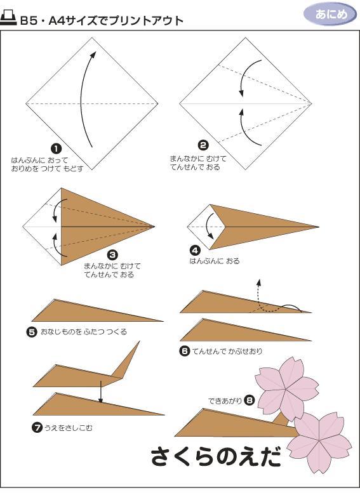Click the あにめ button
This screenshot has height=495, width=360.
pyautogui.click(x=330, y=14)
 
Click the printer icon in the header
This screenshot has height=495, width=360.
pyautogui.click(x=9, y=19)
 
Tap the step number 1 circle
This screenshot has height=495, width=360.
pyautogui.click(x=56, y=148)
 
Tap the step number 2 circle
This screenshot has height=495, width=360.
pyautogui.click(x=203, y=145)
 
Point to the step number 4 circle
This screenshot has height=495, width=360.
pyautogui.click(x=196, y=251)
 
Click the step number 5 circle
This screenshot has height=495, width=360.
pyautogui.click(x=31, y=331)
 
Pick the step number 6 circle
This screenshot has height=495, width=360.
pyautogui.click(x=184, y=351)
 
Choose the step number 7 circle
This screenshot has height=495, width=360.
pyautogui.click(x=36, y=428)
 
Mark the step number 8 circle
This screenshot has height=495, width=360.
pyautogui.click(x=249, y=400)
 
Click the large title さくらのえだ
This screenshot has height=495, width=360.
pyautogui.click(x=216, y=456)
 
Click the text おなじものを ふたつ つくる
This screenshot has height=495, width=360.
pyautogui.click(x=83, y=332)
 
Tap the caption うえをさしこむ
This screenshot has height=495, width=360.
pyautogui.click(x=67, y=428)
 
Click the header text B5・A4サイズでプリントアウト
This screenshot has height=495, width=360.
pyautogui.click(x=102, y=21)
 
